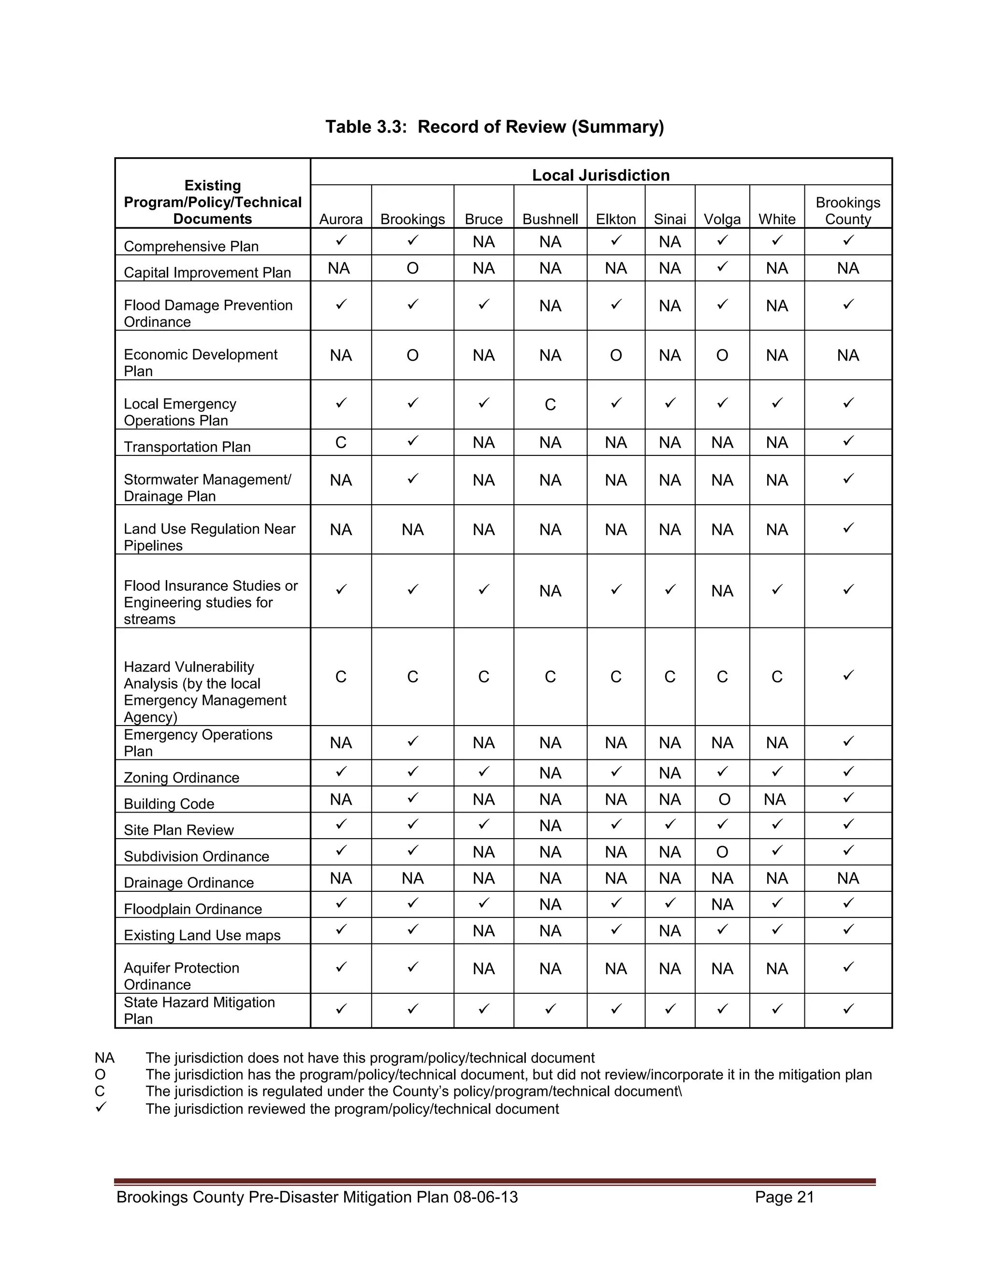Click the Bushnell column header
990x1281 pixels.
[550, 219]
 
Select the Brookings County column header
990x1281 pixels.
[847, 211]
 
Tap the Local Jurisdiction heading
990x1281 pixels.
[600, 175]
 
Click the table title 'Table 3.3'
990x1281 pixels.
[495, 127]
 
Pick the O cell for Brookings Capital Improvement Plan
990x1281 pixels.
[412, 269]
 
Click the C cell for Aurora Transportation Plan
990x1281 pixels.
[341, 443]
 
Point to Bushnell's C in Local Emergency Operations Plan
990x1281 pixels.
[550, 405]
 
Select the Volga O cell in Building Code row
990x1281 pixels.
[724, 800]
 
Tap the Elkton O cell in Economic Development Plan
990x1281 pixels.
[616, 355]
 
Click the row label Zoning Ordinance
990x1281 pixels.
[181, 778]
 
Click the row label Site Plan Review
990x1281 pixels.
[178, 830]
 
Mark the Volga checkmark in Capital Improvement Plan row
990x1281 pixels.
[723, 267]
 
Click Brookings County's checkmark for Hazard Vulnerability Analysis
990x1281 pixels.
[848, 676]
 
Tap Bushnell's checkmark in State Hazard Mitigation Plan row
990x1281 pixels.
[550, 1009]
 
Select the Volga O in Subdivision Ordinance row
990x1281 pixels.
[722, 852]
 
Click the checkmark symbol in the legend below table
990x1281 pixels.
[101, 1107]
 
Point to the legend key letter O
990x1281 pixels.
[100, 1075]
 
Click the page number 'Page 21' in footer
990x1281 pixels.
[784, 1197]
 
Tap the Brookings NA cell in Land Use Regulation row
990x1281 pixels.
[412, 530]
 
